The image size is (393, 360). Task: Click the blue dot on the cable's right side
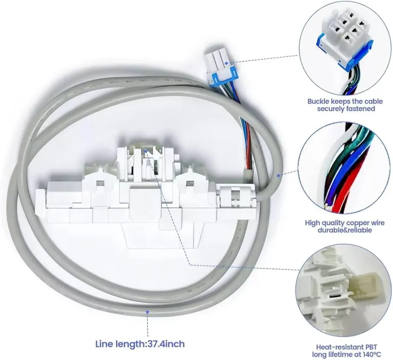point(278,175)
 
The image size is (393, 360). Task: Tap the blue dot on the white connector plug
point(227,62)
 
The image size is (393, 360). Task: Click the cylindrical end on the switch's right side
point(233,196)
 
